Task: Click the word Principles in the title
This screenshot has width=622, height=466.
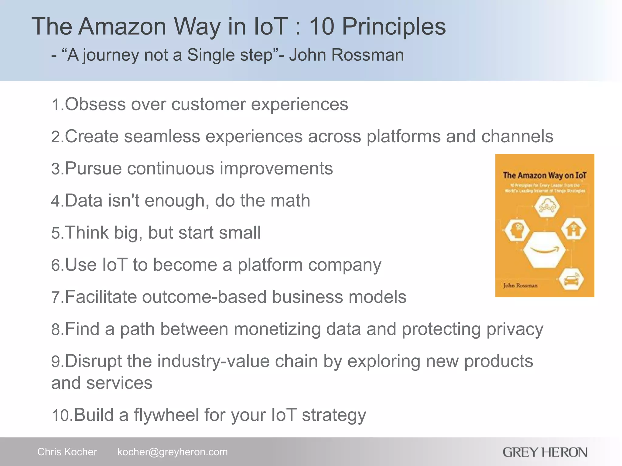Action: pyautogui.click(x=394, y=27)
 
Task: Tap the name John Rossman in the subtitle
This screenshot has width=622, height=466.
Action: pyautogui.click(x=346, y=55)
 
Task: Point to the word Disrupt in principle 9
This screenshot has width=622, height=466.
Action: pyautogui.click(x=93, y=361)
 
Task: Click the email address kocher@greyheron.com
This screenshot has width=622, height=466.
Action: pyautogui.click(x=172, y=452)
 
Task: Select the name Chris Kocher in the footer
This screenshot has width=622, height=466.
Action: pyautogui.click(x=67, y=452)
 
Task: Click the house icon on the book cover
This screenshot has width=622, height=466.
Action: pyautogui.click(x=573, y=230)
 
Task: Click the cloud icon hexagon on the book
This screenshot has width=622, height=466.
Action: pyautogui.click(x=547, y=206)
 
